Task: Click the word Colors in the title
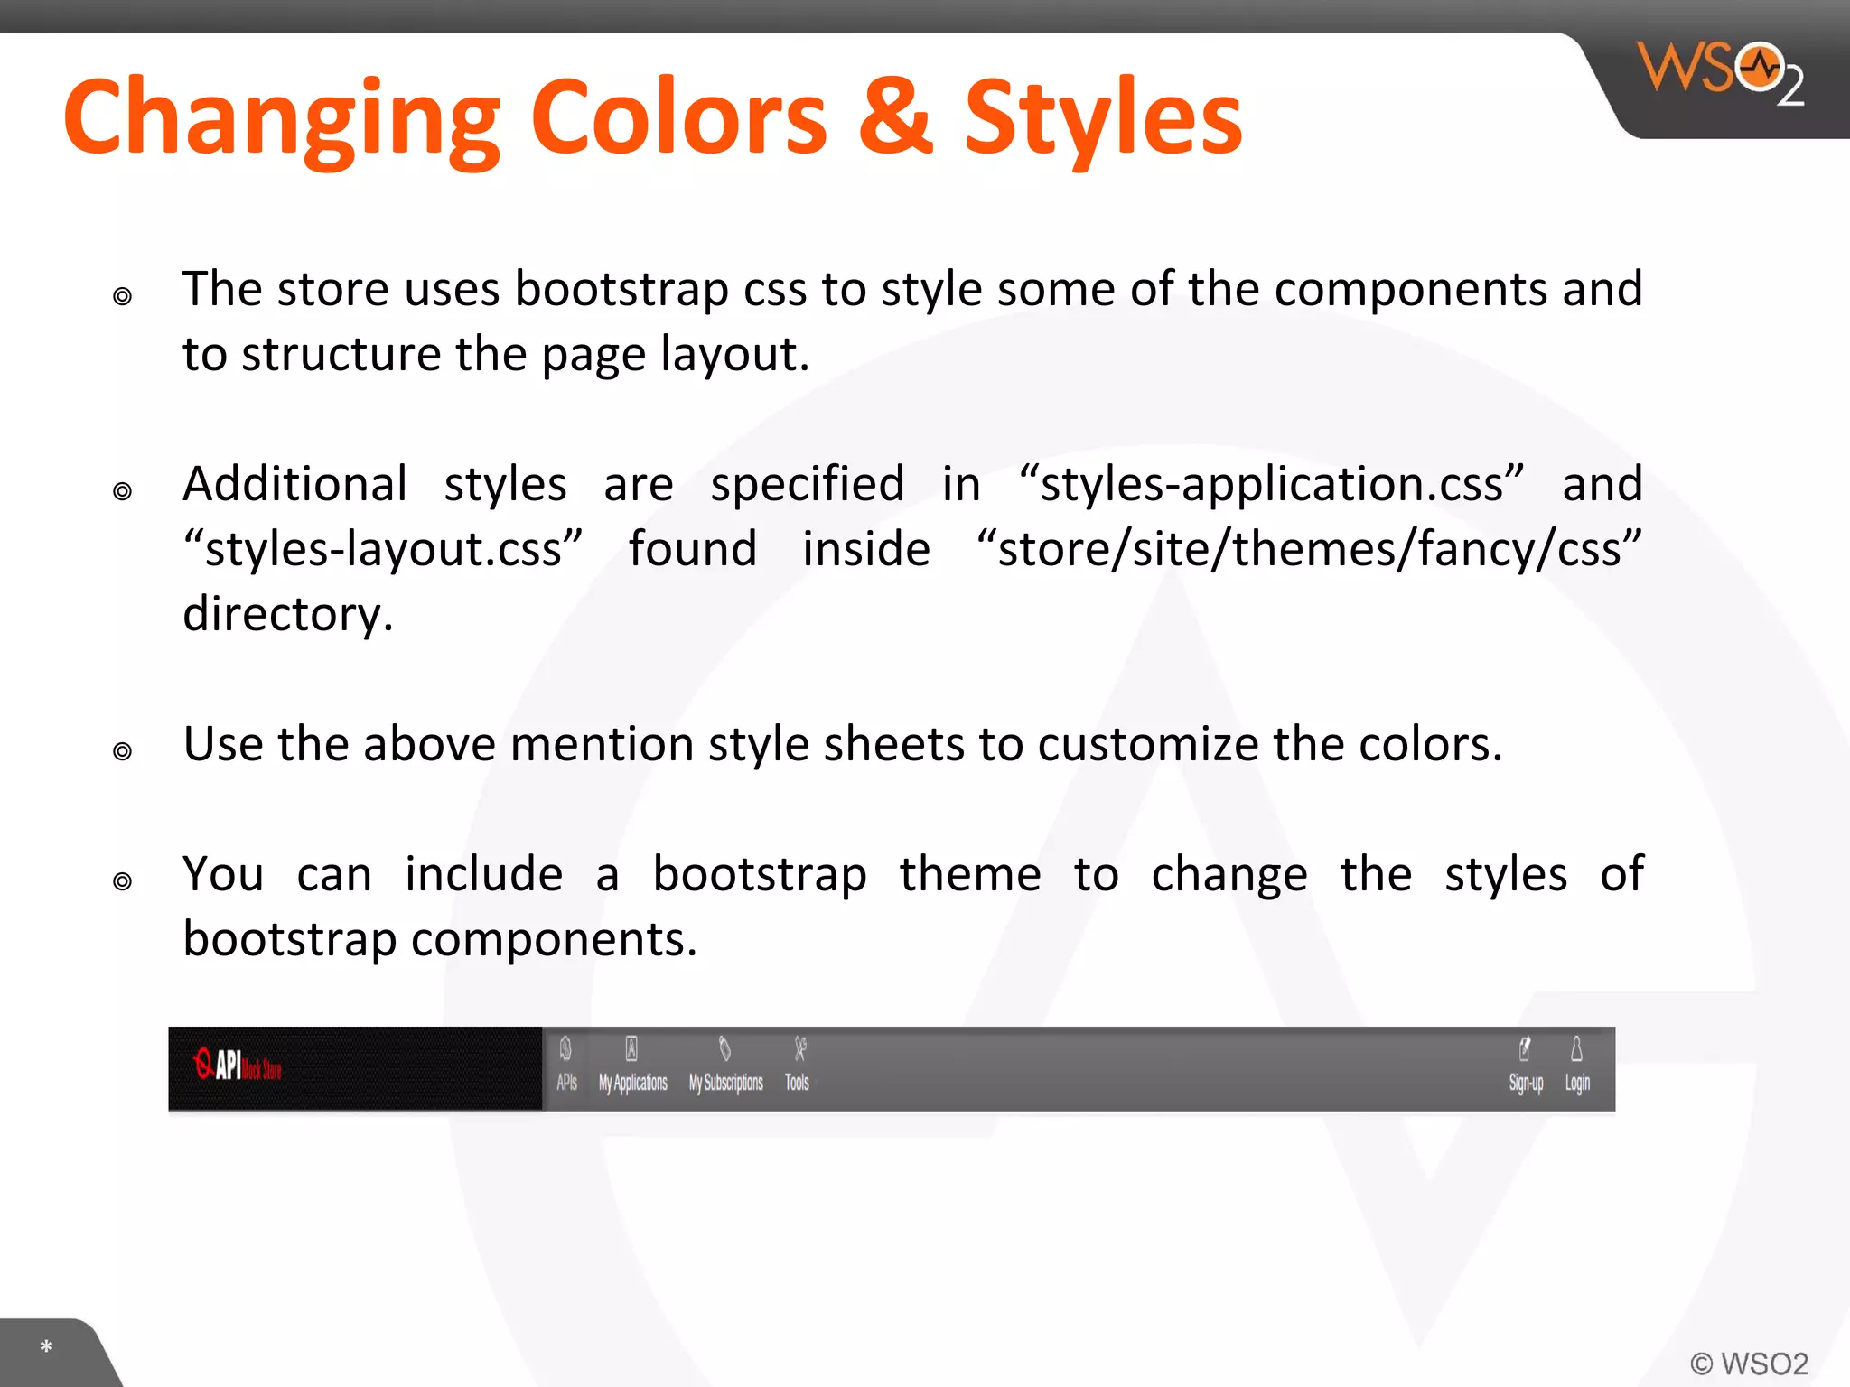click(678, 118)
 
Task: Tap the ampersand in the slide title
click(894, 118)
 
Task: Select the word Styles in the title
click(1103, 118)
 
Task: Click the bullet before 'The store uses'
click(123, 296)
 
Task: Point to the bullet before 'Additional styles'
click(123, 491)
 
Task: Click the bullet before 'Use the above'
click(123, 751)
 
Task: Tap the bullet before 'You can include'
click(123, 881)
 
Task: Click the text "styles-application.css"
click(1271, 485)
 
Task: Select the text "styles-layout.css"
click(383, 550)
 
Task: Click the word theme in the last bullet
click(970, 875)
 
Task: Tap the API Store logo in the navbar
click(238, 1066)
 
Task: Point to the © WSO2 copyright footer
click(1749, 1363)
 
